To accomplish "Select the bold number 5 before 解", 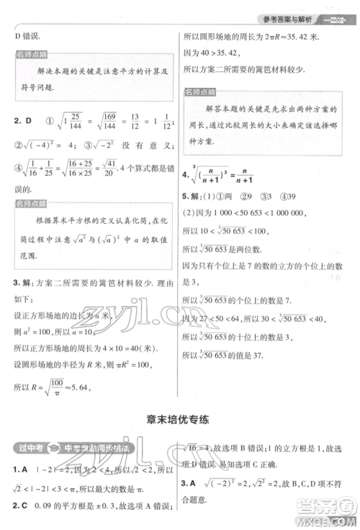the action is point(184,196).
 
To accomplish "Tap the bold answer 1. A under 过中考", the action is point(22,471).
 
